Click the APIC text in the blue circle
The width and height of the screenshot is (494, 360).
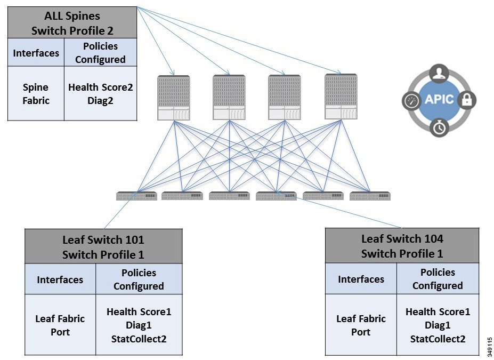pos(439,100)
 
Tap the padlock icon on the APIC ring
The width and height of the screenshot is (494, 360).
pos(467,100)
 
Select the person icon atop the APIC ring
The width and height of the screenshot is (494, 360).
pos(439,73)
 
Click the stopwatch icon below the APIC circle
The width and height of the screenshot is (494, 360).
pos(439,128)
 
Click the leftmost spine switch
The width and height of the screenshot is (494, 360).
pos(174,98)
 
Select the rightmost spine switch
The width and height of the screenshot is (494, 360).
pos(341,98)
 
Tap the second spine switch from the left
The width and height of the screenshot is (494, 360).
pos(229,98)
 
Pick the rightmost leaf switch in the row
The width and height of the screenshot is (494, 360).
pos(370,196)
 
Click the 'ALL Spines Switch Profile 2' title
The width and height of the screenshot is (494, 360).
pos(72,23)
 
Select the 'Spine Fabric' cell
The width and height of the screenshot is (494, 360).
pos(36,93)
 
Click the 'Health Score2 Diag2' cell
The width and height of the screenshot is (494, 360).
pos(100,93)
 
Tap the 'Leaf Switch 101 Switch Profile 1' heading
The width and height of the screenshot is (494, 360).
pos(103,247)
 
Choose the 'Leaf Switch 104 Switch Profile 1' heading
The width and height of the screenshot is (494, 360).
pos(402,246)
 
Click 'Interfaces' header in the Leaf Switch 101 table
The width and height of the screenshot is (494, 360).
pos(60,279)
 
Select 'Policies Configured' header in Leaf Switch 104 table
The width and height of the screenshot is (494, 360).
pos(438,279)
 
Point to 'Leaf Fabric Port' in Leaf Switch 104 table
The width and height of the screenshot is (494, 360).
pos(361,325)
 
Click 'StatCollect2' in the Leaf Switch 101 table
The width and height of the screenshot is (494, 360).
pos(139,339)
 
